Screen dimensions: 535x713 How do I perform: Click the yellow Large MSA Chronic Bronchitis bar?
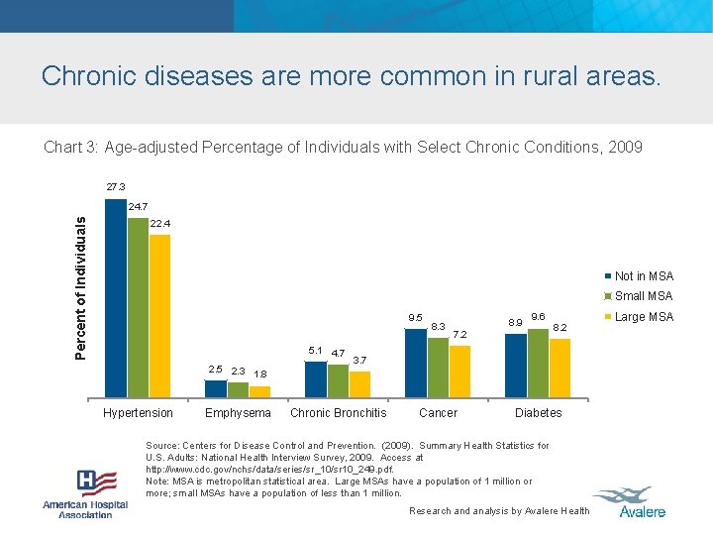coord(359,383)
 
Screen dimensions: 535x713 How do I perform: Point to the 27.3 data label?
coord(116,186)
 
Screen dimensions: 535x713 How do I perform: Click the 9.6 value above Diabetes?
coord(540,316)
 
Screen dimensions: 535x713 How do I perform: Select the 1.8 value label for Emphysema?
coord(260,374)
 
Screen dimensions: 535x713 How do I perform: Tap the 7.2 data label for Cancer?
coord(459,335)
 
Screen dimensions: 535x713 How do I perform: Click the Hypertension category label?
coord(138,413)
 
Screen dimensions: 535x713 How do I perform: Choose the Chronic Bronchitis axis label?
coord(339,413)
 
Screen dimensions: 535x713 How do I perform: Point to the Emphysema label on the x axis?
coord(238,413)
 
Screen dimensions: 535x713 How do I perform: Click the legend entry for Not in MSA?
coord(643,276)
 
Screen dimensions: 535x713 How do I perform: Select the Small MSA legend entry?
coord(643,296)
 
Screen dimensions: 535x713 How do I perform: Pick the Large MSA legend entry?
coord(643,317)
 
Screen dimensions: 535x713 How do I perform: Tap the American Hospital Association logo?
coord(85,493)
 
